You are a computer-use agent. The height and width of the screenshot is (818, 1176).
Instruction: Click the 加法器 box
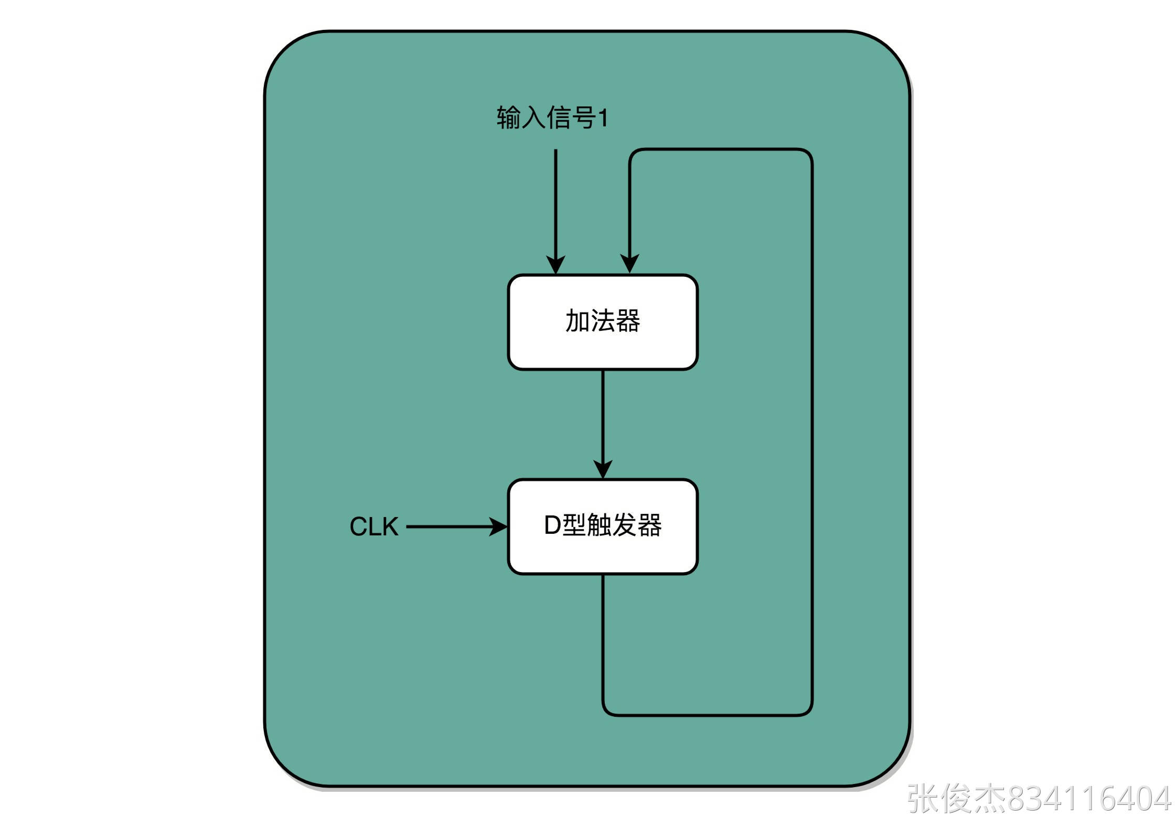(603, 322)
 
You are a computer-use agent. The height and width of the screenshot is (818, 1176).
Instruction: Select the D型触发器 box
(603, 526)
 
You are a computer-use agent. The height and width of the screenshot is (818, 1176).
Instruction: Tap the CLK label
(374, 526)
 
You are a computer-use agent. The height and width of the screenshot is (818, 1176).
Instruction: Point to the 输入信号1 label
(552, 117)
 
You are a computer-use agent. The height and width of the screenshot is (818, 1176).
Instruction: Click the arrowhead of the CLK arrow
(498, 526)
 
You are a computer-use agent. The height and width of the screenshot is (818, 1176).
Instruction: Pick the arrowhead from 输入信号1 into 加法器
(555, 265)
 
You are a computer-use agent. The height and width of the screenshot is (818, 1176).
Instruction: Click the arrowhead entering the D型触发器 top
(603, 469)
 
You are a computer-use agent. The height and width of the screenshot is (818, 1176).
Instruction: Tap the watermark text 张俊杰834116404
(1039, 799)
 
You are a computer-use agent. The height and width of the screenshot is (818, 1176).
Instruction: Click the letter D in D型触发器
(553, 525)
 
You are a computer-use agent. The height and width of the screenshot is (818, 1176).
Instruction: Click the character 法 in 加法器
(603, 321)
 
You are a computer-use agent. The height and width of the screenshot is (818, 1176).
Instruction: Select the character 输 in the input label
(508, 117)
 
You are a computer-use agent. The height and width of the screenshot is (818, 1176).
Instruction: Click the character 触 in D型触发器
(600, 525)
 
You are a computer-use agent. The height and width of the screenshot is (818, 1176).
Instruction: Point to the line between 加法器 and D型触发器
(603, 414)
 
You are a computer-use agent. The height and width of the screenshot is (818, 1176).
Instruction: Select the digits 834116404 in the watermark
(1089, 799)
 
